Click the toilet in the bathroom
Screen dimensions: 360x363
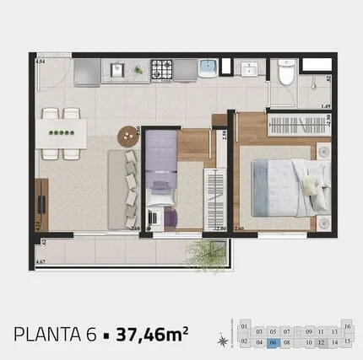point(285,75)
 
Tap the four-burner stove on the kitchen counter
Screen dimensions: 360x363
point(162,69)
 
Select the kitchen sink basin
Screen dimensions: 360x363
point(118,70)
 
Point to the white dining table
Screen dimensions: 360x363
point(61,132)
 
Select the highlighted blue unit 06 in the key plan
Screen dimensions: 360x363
point(273,342)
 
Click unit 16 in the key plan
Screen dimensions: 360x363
point(347,325)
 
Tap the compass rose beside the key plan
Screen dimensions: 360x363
point(223,341)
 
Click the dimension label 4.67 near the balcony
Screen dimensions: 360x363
point(40,263)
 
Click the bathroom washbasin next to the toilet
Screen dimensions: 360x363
point(250,69)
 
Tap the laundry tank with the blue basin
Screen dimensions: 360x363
point(208,68)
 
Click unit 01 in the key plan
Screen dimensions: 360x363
point(245,325)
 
